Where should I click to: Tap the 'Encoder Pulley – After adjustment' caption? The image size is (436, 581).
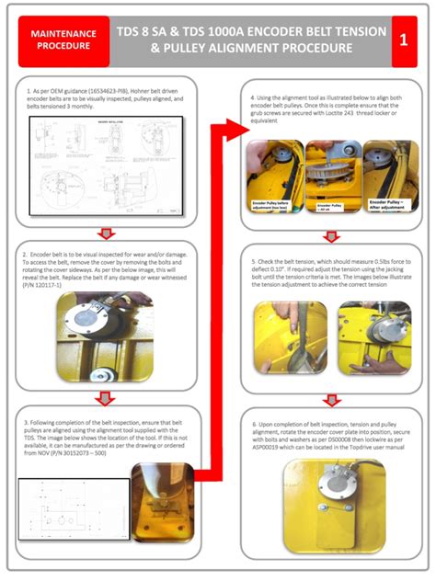click(x=387, y=205)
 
